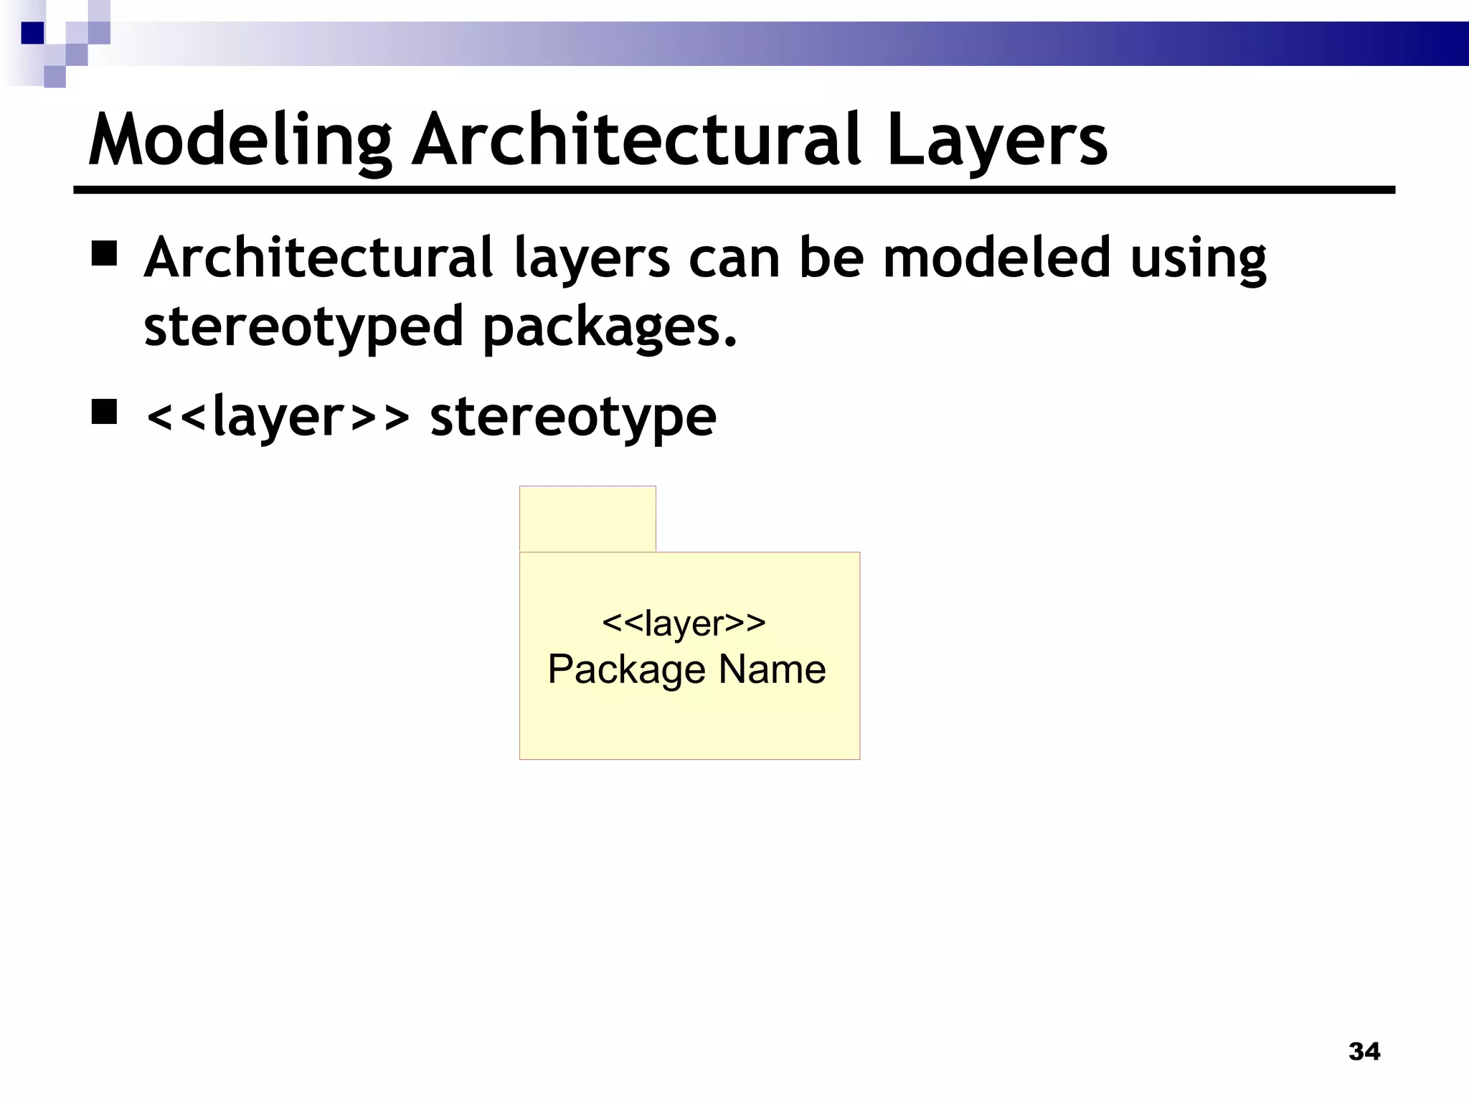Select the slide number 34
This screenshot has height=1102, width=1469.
(1364, 1052)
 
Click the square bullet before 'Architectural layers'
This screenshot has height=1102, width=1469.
(105, 255)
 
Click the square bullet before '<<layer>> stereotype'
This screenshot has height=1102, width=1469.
(105, 413)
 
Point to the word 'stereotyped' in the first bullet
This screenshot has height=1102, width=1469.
(303, 327)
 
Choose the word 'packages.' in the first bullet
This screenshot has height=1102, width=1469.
(610, 327)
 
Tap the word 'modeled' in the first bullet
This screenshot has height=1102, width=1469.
(997, 258)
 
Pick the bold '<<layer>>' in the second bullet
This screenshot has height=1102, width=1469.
(278, 416)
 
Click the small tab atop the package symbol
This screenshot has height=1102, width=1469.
(587, 519)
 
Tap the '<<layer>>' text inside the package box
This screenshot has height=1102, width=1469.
(684, 623)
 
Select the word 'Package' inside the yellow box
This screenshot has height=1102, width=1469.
(627, 670)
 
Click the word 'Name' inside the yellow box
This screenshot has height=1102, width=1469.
(772, 669)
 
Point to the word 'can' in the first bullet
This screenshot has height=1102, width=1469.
(734, 259)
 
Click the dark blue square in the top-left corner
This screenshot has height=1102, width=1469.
(32, 33)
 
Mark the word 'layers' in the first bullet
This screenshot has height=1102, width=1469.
(592, 259)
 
